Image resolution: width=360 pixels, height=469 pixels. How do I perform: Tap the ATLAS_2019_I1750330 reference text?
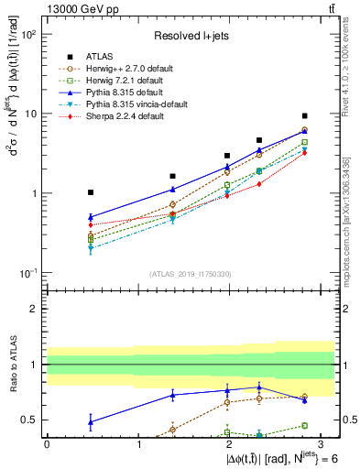(190, 273)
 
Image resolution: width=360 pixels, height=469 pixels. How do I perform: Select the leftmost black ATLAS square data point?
(90, 192)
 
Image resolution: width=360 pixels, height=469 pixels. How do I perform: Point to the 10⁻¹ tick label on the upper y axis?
(30, 274)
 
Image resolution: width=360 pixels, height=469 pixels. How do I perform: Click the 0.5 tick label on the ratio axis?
(30, 420)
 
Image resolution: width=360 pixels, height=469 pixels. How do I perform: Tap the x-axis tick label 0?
(47, 443)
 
